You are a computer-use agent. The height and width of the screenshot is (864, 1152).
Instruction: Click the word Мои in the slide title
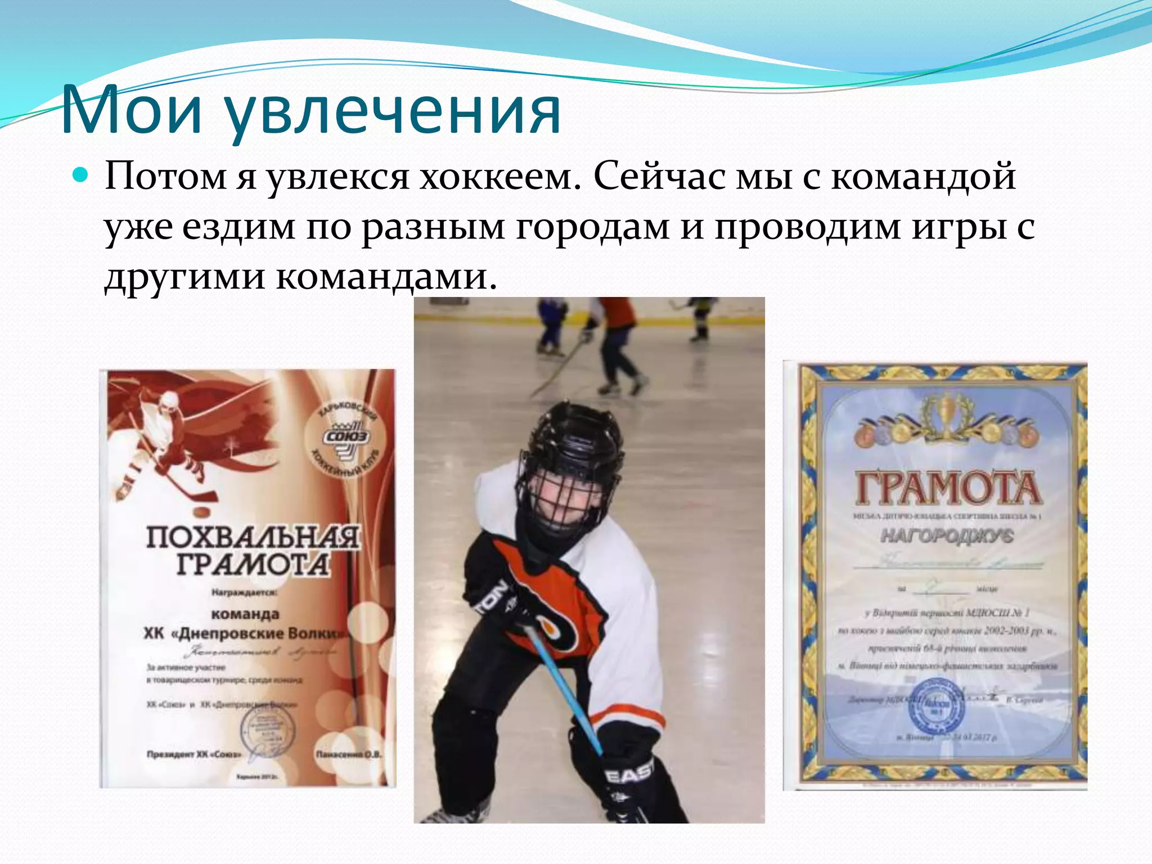(131, 110)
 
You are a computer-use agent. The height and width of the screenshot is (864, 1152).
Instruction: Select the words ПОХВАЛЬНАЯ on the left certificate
(253, 537)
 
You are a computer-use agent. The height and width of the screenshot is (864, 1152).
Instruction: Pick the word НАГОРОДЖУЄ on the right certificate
(947, 535)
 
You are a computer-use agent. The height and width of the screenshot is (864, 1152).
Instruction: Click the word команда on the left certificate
(245, 614)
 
